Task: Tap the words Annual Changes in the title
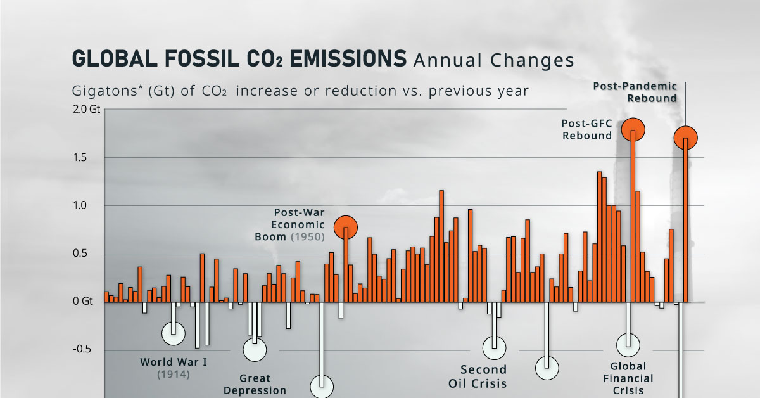[x=493, y=60]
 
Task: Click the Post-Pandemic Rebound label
[x=635, y=92]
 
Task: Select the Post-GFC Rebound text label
[x=586, y=129]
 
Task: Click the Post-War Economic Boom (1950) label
[x=298, y=225]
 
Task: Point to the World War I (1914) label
[x=174, y=368]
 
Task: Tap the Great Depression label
[x=255, y=385]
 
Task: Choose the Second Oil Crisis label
[x=483, y=376]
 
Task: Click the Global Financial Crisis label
[x=628, y=378]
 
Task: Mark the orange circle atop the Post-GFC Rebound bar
[x=633, y=130]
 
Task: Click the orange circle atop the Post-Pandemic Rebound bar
[x=685, y=137]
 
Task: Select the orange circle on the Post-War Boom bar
[x=346, y=226]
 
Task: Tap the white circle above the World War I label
[x=173, y=332]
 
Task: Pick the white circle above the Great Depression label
[x=255, y=349]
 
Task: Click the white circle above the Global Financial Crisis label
[x=628, y=345]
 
